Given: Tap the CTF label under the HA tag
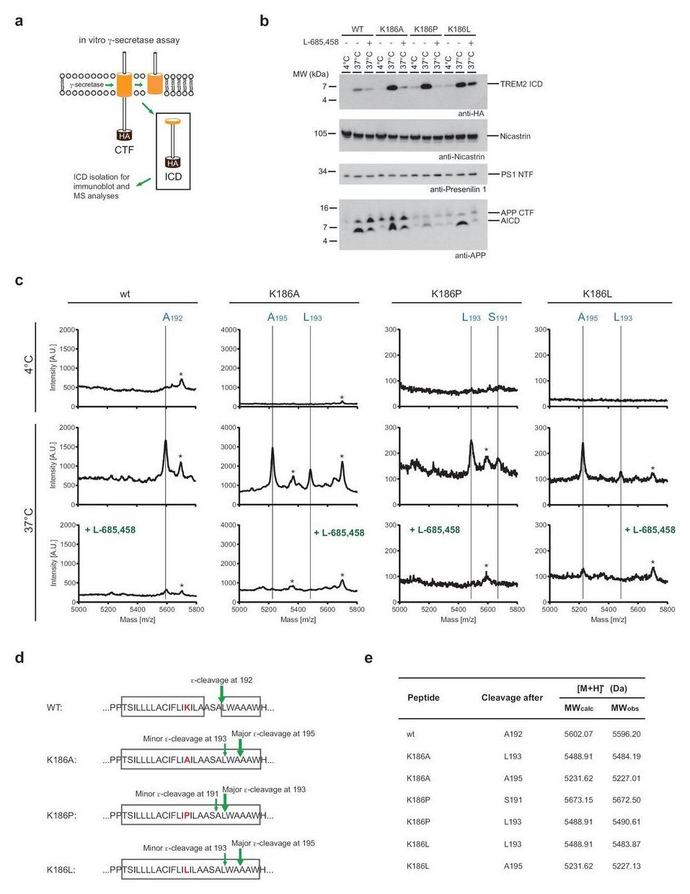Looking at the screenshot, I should click(124, 149).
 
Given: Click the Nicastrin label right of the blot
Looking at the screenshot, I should click(514, 136).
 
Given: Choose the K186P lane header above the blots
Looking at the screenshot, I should click(424, 30).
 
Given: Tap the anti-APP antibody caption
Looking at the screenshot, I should click(471, 255).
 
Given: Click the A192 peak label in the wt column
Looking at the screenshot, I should click(172, 317).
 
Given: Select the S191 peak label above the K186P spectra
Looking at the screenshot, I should click(497, 317).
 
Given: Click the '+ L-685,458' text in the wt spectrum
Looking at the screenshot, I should click(110, 530).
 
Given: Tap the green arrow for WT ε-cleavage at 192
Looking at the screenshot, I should click(221, 692).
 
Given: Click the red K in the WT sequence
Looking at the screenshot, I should click(187, 708).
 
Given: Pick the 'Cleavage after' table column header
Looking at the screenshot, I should click(512, 697).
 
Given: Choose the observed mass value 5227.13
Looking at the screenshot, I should click(625, 866).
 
